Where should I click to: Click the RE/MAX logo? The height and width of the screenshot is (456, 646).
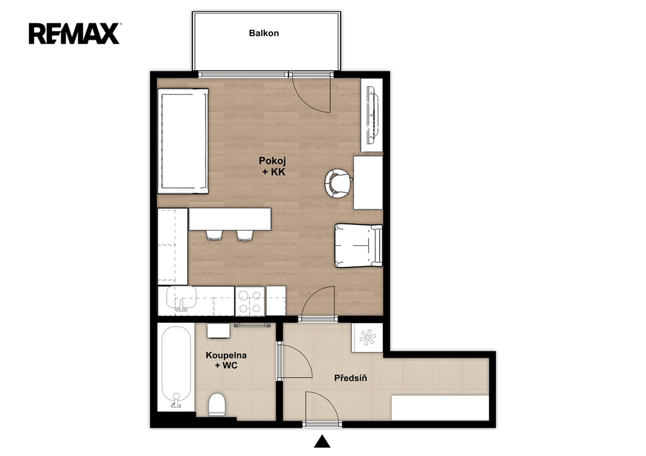pos(74,34)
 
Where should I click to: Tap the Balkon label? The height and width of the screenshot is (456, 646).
pos(264,33)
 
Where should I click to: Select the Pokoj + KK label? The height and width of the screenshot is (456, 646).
pos(273,167)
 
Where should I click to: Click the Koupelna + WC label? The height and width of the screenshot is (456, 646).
pos(226,360)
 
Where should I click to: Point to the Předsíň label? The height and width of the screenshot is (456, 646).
pos(350,377)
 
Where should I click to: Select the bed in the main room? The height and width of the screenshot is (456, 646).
pos(183,141)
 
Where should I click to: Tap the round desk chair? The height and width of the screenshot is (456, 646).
pos(338,184)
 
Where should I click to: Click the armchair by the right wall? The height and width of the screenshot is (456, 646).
pos(358,245)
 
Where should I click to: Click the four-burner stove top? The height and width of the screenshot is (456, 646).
pos(250,301)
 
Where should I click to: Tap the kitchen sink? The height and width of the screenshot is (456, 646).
pos(182,300)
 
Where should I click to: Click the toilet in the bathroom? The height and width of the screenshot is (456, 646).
pos(217,404)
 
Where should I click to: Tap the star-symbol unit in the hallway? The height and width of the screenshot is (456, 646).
pos(368,338)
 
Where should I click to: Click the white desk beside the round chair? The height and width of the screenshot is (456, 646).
pos(368,182)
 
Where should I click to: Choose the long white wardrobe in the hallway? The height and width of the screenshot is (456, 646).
pos(440,408)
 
